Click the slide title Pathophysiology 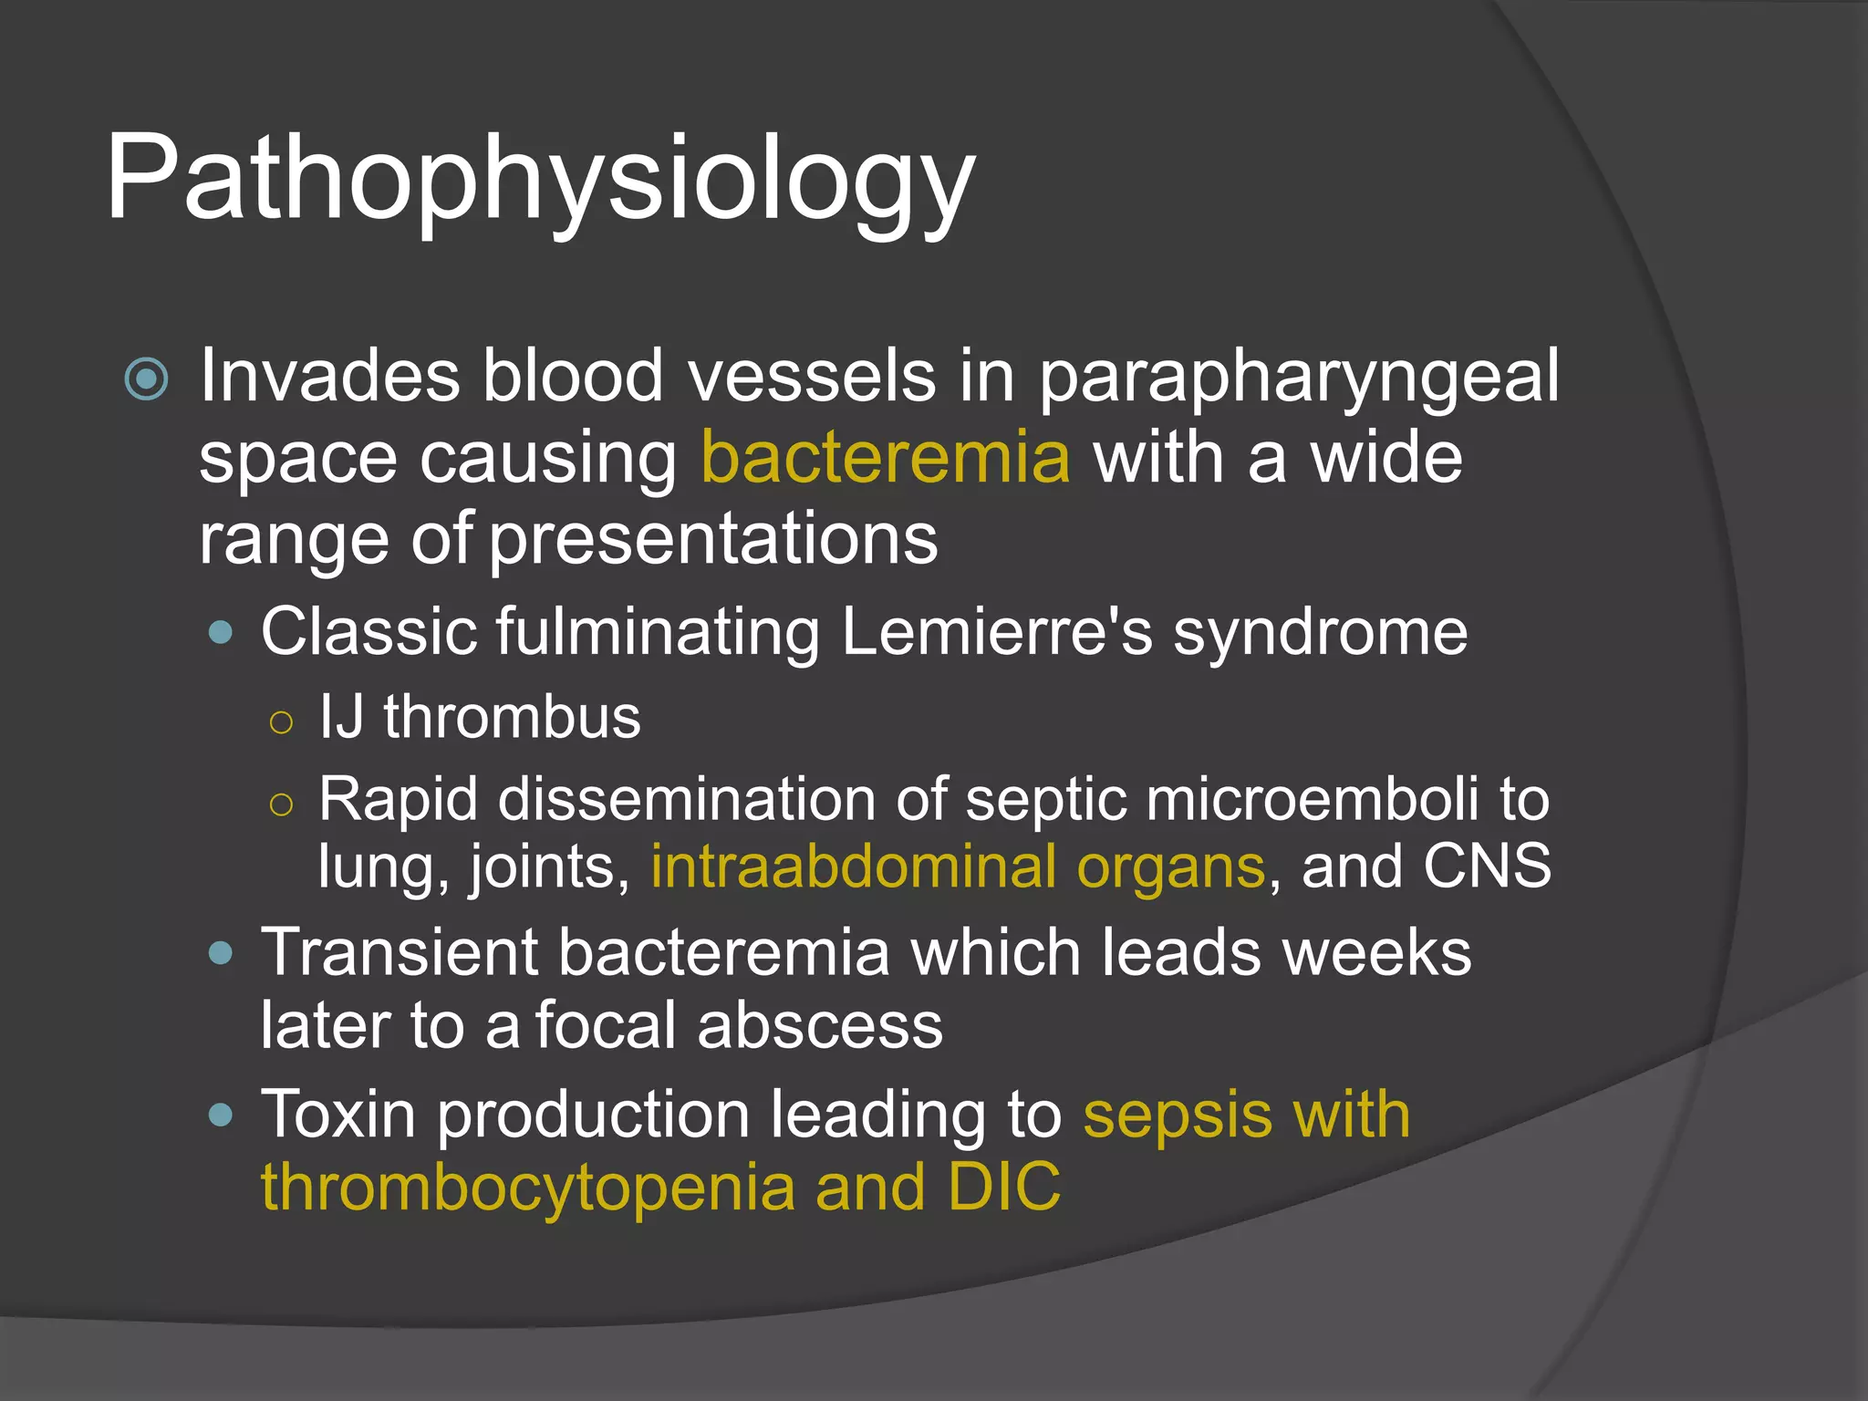pyautogui.click(x=540, y=178)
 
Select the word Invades pyautogui.click(x=329, y=376)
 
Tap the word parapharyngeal pyautogui.click(x=1299, y=379)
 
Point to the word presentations pyautogui.click(x=713, y=540)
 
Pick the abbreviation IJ pyautogui.click(x=341, y=717)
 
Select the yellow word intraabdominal pyautogui.click(x=853, y=866)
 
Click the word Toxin pyautogui.click(x=339, y=1115)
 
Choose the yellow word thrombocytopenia pyautogui.click(x=528, y=1188)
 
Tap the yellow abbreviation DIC pyautogui.click(x=1004, y=1188)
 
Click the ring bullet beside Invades pyautogui.click(x=146, y=379)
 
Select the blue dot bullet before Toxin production pyautogui.click(x=221, y=1115)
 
